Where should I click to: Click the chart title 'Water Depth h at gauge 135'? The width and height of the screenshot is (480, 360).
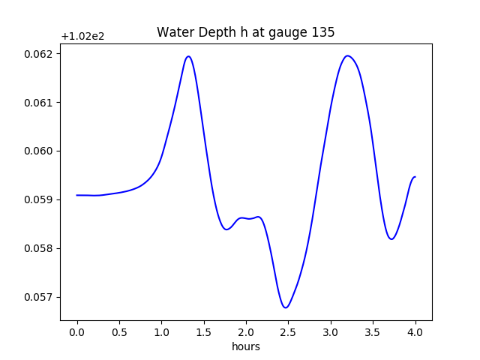245,33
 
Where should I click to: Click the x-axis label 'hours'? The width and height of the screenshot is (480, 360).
246,346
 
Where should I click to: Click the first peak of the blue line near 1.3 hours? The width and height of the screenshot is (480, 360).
188,56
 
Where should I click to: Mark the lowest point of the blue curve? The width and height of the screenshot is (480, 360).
286,307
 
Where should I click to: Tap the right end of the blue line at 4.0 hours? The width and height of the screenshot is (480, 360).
415,177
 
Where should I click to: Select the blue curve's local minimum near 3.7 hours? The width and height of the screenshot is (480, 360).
391,239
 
